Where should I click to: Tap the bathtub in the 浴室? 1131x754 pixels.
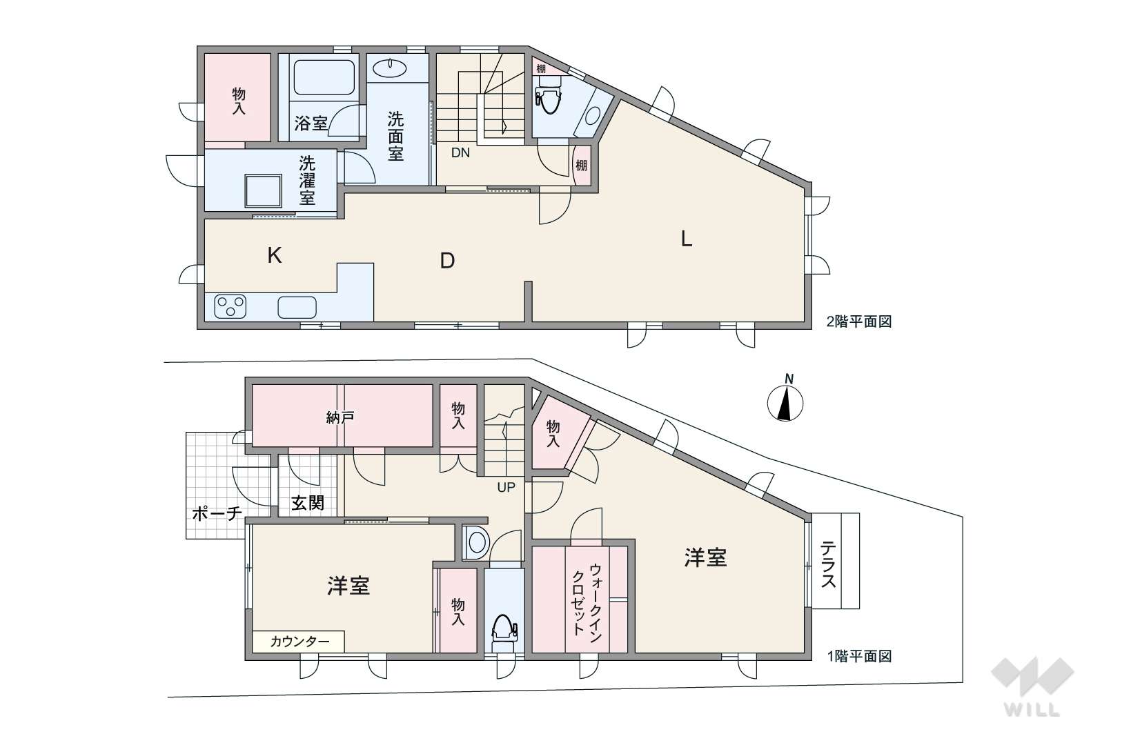(x=324, y=77)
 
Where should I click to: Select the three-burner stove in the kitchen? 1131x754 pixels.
(x=230, y=306)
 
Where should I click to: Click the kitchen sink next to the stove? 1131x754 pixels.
(x=297, y=308)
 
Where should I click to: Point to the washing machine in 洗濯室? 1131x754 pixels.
(x=263, y=191)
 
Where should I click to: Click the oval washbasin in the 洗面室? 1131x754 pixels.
(x=391, y=68)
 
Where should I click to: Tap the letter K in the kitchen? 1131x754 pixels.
(x=274, y=256)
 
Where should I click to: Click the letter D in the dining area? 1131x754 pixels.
(x=447, y=261)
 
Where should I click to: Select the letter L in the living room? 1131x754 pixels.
(x=686, y=239)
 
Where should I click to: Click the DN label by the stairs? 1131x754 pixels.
(x=460, y=152)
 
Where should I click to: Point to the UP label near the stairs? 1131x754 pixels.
(x=506, y=487)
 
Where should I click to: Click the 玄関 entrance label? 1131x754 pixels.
(x=308, y=503)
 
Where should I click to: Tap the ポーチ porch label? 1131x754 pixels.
(x=217, y=513)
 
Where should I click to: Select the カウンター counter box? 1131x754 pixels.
(x=298, y=642)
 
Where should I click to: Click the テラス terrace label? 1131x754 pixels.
(x=828, y=564)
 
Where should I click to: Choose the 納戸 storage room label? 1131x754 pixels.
(x=340, y=417)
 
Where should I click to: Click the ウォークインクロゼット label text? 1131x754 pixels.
(x=587, y=603)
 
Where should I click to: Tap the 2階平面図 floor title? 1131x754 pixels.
(x=859, y=321)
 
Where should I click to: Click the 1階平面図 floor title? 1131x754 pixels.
(x=859, y=656)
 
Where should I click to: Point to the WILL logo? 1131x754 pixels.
(x=1032, y=687)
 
